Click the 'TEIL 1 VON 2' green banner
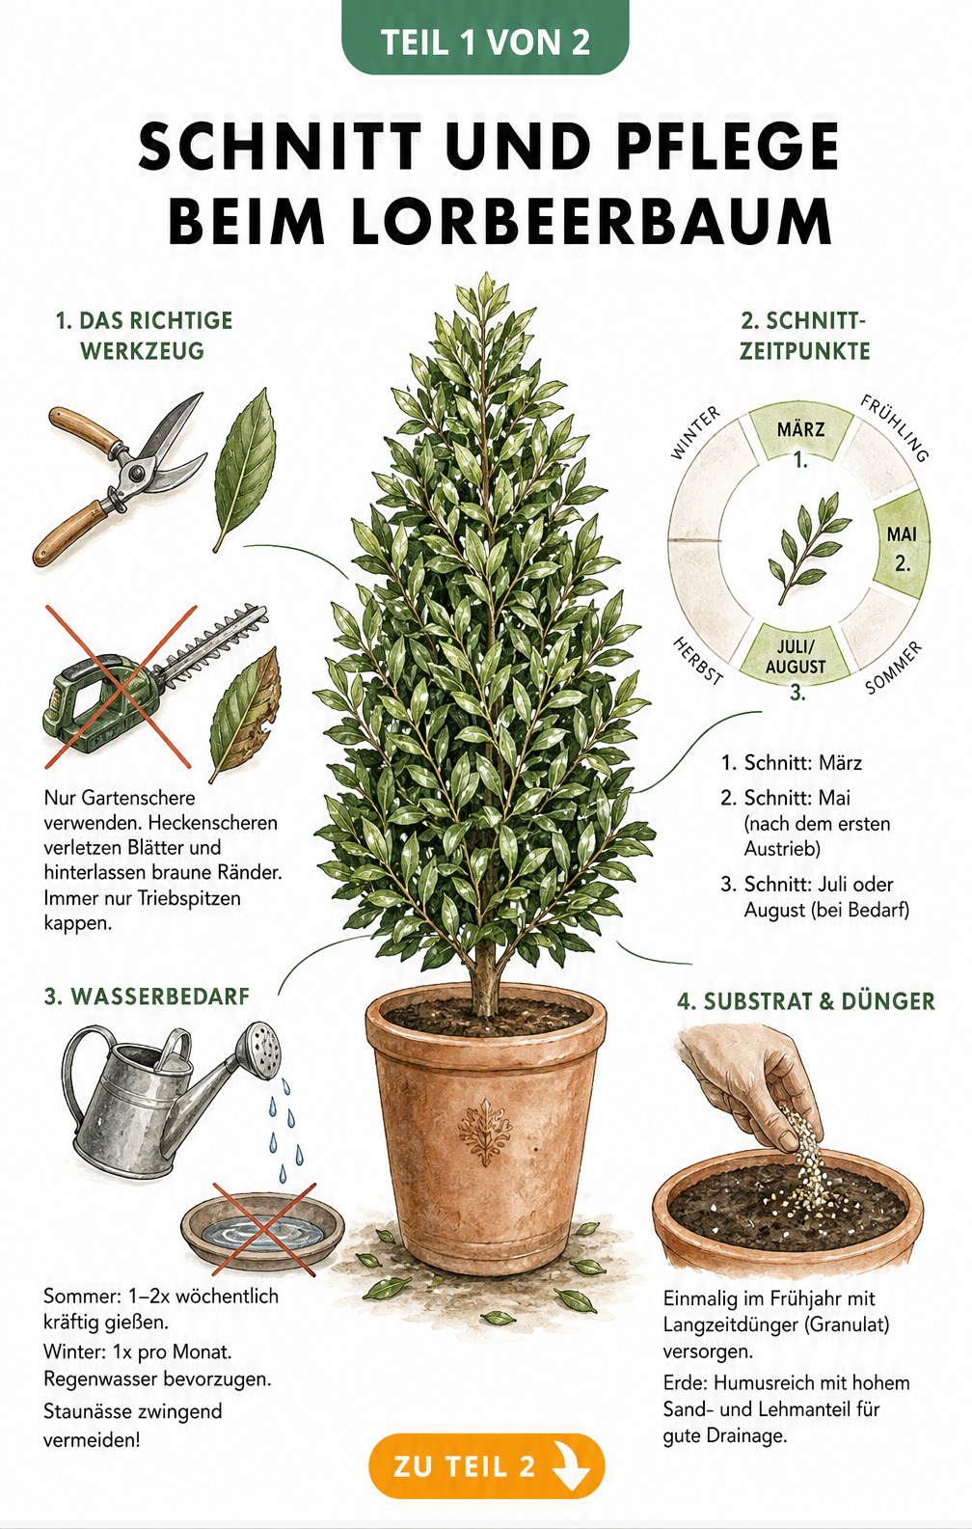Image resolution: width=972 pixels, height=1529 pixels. tap(485, 38)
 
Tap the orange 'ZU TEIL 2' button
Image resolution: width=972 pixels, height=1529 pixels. tap(486, 1466)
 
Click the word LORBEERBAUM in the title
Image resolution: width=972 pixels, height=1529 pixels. tap(500, 221)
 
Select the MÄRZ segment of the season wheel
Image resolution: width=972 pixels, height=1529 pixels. tap(800, 435)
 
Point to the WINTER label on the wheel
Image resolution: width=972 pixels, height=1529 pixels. tap(694, 432)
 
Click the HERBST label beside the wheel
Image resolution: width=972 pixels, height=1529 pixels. tap(698, 660)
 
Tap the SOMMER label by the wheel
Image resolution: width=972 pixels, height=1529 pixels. tap(894, 667)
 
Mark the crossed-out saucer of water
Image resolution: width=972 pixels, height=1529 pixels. tap(263, 1228)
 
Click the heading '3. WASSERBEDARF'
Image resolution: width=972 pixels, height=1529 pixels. tap(147, 997)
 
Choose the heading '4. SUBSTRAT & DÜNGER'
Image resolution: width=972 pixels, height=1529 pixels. tap(805, 1001)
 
